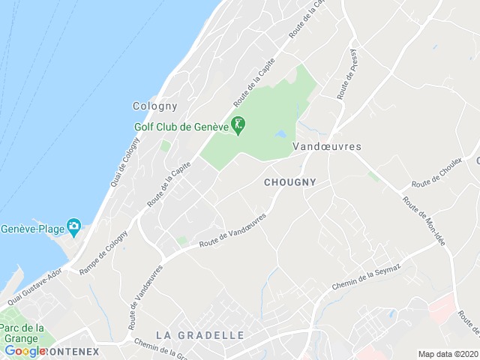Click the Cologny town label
(154, 106)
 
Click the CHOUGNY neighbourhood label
(290, 181)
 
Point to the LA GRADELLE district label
(199, 334)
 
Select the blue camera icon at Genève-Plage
(73, 226)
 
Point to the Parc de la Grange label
(22, 333)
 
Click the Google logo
(25, 350)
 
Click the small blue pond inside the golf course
(280, 134)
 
